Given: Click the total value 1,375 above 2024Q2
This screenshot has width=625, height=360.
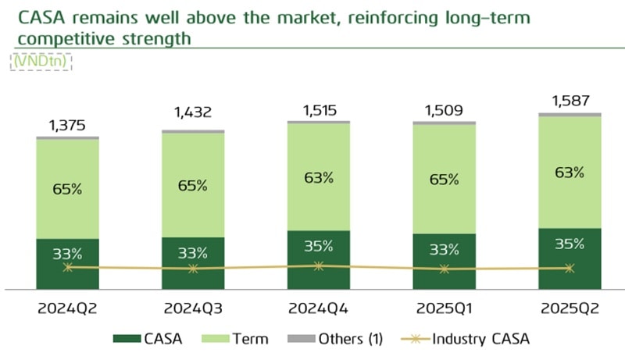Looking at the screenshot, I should tap(67, 125).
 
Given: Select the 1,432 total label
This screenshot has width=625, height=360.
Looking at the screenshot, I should tap(192, 116).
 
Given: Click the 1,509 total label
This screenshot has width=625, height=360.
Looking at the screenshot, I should tap(443, 110).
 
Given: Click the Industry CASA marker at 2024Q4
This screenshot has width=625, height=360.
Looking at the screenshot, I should tap(318, 266).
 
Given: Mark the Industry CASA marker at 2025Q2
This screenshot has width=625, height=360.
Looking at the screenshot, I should tap(570, 268).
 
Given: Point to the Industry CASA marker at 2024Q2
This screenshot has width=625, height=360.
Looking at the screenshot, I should tap(68, 267).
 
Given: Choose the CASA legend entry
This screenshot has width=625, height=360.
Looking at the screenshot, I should tap(148, 338).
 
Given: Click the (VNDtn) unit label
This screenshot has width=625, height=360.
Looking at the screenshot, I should tap(41, 62).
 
